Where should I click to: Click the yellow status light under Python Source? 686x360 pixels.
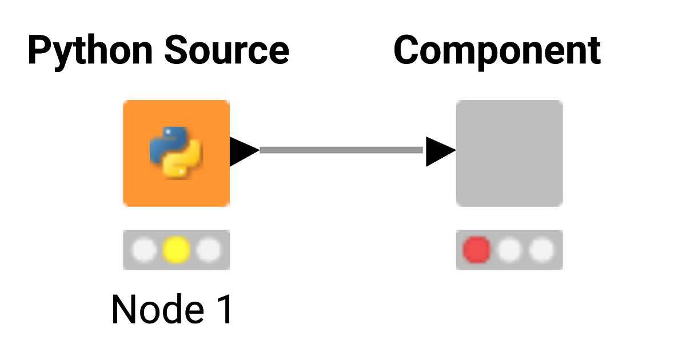coord(176,250)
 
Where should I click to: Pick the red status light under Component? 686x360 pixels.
coord(476,250)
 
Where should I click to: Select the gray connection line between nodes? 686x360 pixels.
coord(341,150)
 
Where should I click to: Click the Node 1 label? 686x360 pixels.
coord(172,309)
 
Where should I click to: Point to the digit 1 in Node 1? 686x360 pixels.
coord(225,309)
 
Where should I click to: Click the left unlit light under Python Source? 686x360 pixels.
coord(144,250)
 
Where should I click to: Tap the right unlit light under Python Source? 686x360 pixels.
coord(208,250)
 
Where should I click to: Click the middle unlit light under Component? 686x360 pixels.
coord(509,250)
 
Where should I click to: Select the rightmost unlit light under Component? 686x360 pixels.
coord(541,250)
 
